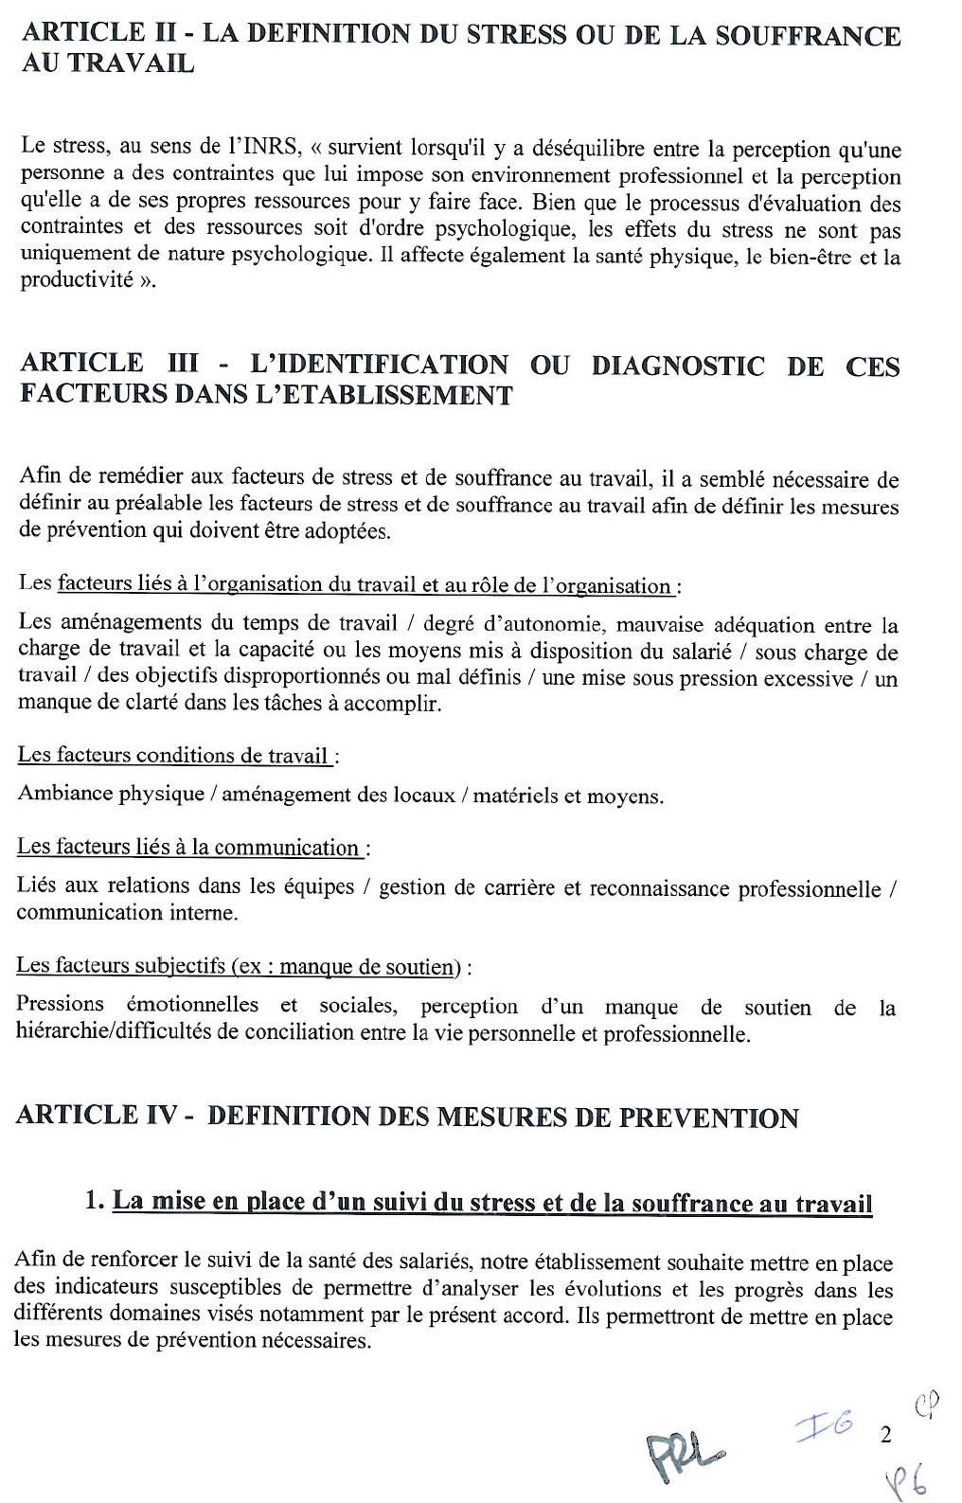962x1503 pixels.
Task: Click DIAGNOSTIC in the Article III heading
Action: tap(677, 367)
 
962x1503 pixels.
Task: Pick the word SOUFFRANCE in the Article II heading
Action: tap(808, 36)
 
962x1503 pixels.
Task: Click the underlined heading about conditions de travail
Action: tap(174, 756)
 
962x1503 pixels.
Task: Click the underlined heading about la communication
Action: tap(189, 848)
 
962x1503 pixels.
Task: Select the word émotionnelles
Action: tap(192, 1005)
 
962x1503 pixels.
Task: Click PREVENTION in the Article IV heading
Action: tap(708, 1118)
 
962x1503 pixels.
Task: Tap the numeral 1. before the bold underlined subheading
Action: tap(94, 1202)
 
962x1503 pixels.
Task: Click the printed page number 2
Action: tap(885, 1435)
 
